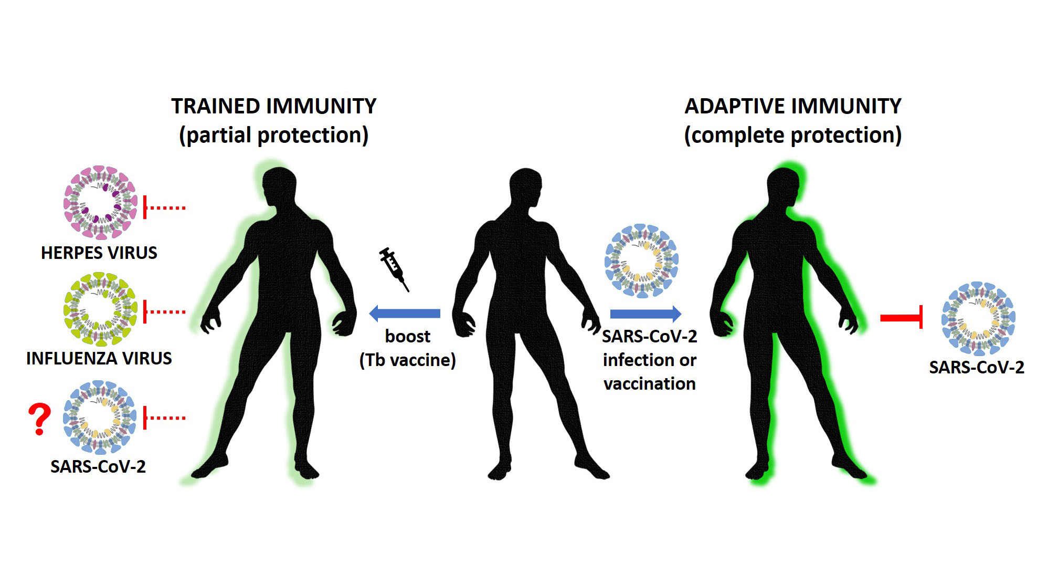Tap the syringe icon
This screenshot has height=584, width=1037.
click(394, 269)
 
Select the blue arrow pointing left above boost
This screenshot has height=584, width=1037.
click(405, 314)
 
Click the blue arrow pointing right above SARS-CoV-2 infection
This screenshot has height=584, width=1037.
click(646, 314)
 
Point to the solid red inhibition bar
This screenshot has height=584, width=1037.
click(902, 318)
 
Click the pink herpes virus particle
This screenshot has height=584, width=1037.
click(100, 203)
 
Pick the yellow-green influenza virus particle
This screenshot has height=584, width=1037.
click(100, 309)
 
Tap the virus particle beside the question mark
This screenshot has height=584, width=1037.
click(100, 418)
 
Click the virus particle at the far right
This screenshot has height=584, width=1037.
click(978, 319)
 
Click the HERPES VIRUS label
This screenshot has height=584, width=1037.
click(99, 253)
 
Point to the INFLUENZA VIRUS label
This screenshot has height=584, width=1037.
click(99, 358)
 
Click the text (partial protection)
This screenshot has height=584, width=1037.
click(274, 135)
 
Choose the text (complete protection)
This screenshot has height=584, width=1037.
click(793, 135)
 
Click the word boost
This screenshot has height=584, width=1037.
click(408, 336)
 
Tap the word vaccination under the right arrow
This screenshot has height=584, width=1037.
click(650, 384)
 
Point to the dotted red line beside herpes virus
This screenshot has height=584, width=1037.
click(165, 208)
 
